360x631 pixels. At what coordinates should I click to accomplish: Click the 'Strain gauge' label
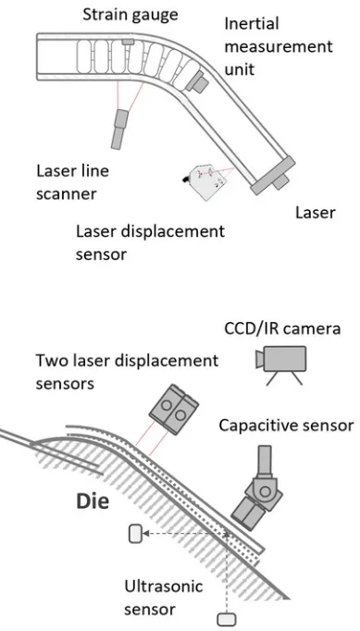coord(130,15)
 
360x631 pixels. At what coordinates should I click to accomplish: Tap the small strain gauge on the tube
coord(129,42)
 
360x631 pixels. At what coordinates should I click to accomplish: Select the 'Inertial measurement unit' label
coord(279,46)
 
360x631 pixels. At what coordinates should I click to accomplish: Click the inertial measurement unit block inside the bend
coord(197,81)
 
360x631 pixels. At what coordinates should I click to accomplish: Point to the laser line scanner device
coord(118,130)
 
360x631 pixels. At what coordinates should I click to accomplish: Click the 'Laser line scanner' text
coord(72,182)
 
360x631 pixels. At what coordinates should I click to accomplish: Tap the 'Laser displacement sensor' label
coord(150,242)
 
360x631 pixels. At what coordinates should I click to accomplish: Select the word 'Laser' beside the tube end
coord(316,212)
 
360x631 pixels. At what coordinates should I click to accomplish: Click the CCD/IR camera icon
coord(280,365)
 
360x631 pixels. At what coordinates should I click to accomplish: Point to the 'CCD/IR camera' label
coord(282,328)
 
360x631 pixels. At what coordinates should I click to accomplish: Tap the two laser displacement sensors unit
coord(173,409)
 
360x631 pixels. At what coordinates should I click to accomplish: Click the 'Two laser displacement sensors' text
coord(127,371)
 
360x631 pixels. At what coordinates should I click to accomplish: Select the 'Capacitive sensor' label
coord(286,425)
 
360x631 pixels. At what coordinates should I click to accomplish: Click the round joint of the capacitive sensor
coord(265,491)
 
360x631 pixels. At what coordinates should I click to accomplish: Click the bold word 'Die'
coord(93,501)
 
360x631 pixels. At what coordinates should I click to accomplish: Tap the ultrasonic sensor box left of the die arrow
coord(136,534)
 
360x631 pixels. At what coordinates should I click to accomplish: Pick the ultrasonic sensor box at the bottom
coord(227,619)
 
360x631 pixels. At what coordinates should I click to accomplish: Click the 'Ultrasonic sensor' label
coord(163,597)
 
